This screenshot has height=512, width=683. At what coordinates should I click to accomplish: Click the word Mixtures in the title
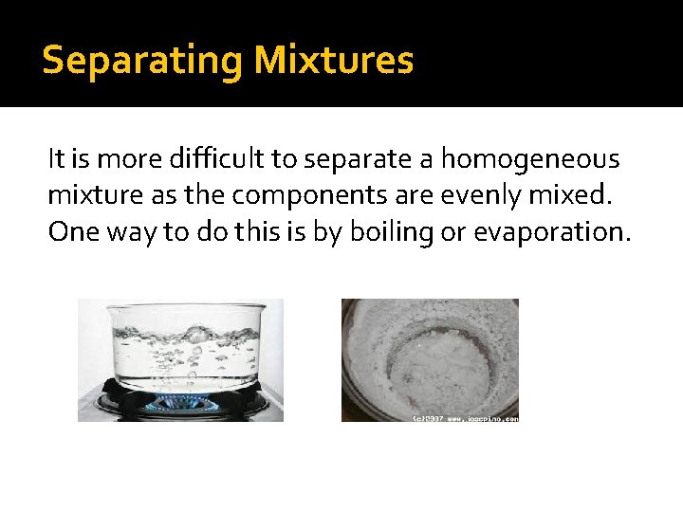click(x=333, y=61)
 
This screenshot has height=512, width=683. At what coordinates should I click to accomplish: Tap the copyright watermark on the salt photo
click(x=465, y=417)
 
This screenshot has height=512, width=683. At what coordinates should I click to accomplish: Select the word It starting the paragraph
click(x=55, y=160)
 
